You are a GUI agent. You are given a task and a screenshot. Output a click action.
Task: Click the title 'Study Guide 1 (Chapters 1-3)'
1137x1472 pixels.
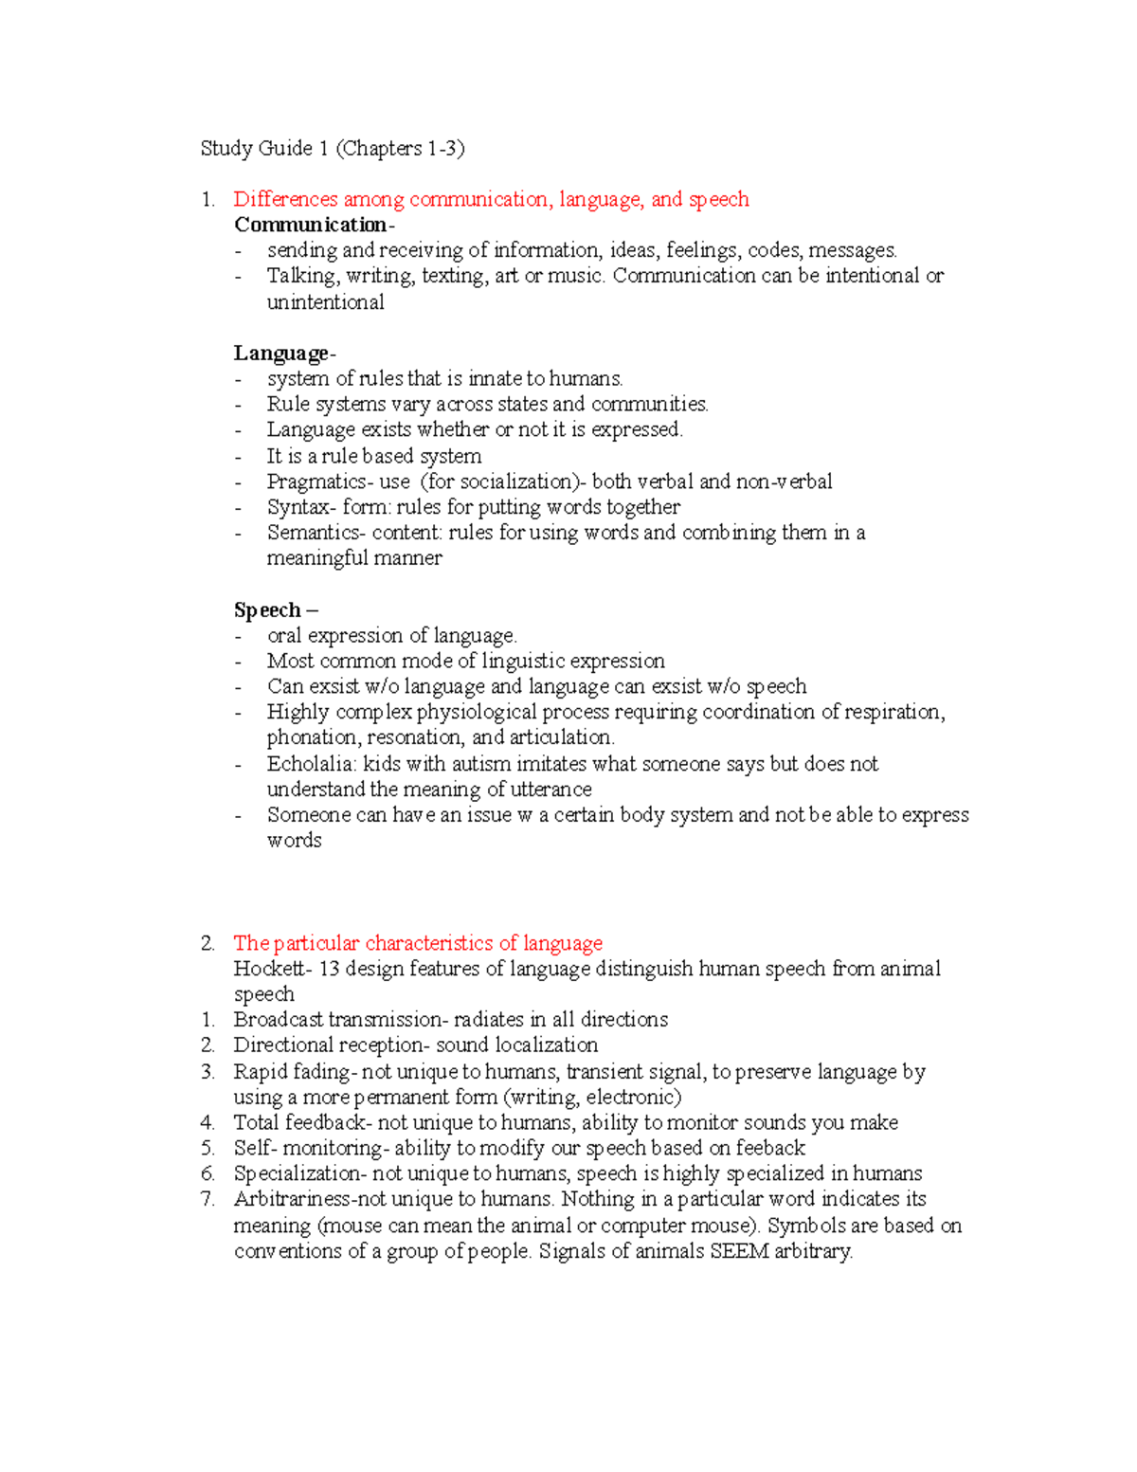pyautogui.click(x=333, y=148)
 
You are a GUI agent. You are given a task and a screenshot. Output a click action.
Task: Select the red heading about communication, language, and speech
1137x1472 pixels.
pyautogui.click(x=491, y=199)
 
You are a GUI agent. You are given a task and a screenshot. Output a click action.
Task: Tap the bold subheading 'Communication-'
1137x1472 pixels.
pyautogui.click(x=314, y=225)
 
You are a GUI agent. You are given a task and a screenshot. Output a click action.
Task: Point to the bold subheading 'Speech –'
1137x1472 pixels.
pyautogui.click(x=276, y=609)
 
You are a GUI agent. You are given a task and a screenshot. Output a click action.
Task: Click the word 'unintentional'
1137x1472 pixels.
pyautogui.click(x=325, y=302)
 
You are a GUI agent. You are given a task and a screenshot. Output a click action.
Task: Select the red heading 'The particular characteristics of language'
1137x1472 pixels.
pyautogui.click(x=418, y=943)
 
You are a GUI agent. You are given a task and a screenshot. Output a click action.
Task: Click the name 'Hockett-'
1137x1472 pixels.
pyautogui.click(x=273, y=969)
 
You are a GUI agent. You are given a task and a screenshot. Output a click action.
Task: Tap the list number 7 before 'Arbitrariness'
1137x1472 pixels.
pyautogui.click(x=208, y=1199)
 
